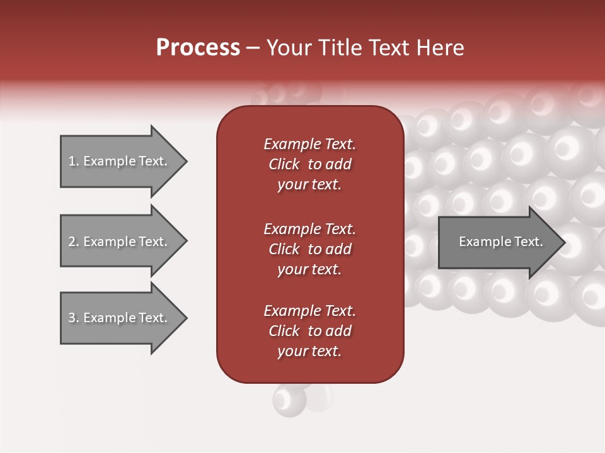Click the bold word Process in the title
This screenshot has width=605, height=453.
[x=198, y=47]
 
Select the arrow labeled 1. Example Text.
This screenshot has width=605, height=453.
[x=120, y=161]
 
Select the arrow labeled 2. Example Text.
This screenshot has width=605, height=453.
[x=120, y=242]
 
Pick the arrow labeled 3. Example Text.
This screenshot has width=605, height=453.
[x=120, y=318]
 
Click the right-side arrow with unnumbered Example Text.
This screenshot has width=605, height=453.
[x=498, y=242]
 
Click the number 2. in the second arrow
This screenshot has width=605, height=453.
[x=74, y=242]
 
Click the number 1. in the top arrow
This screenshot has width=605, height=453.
[x=74, y=161]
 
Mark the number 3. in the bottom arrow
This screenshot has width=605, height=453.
[x=74, y=318]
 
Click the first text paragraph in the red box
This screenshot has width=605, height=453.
[x=309, y=164]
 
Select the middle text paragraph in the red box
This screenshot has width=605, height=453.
[x=309, y=249]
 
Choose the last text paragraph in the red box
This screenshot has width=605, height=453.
[x=309, y=331]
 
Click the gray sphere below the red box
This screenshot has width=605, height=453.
[x=289, y=400]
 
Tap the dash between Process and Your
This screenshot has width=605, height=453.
[x=253, y=48]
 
